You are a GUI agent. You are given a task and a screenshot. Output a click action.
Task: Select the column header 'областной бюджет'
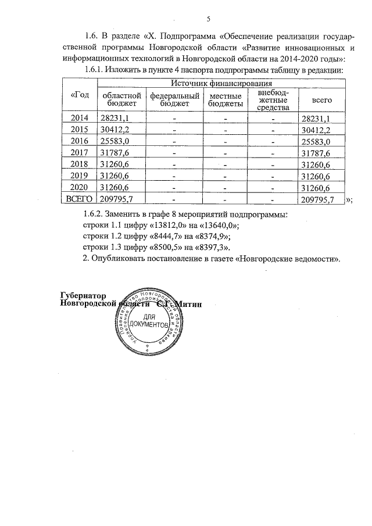pos(121,99)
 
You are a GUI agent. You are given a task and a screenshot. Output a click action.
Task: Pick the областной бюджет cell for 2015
pos(115,130)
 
